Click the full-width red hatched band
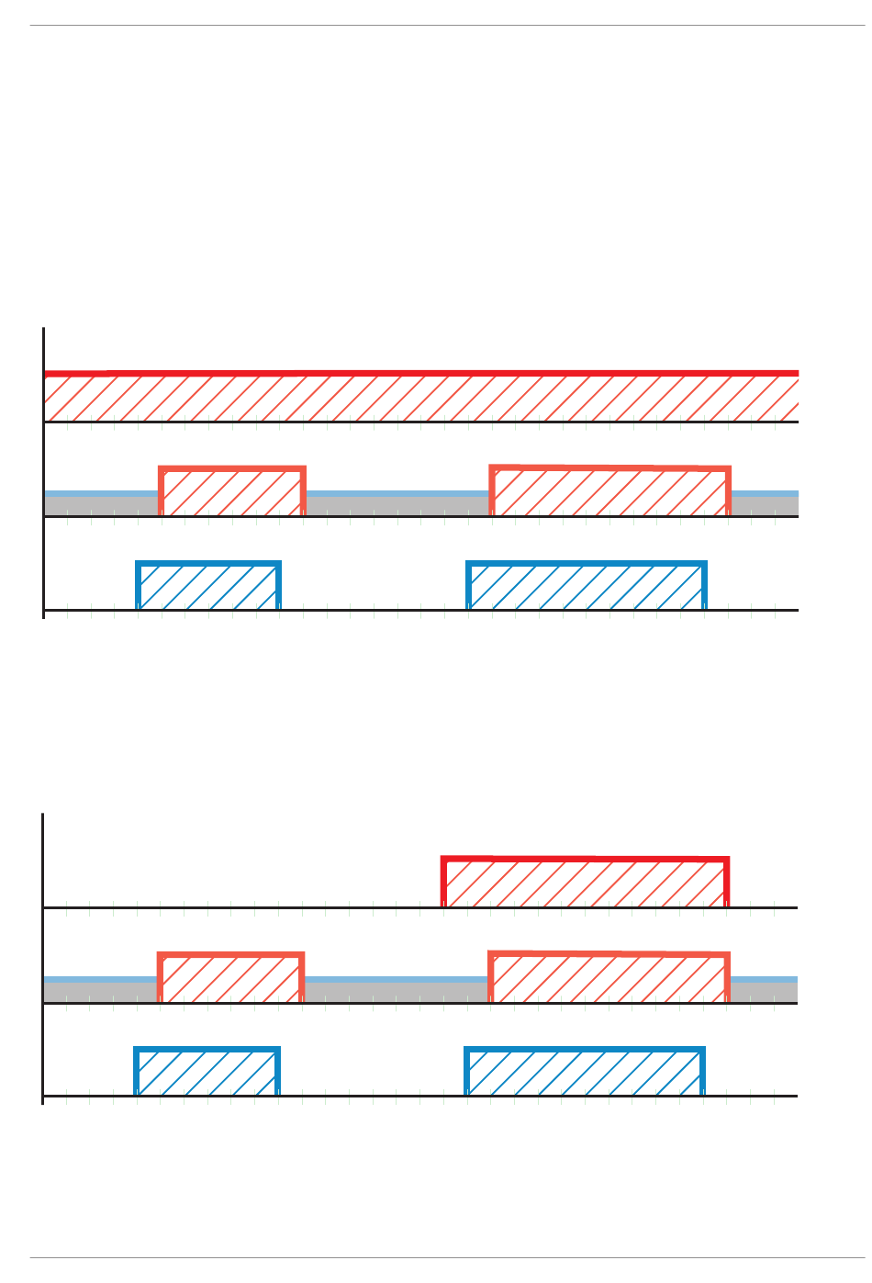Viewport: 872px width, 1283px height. (421, 398)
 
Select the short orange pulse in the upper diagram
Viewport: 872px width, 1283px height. (232, 492)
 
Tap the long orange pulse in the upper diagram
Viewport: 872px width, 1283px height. (609, 492)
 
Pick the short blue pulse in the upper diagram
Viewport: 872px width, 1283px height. (208, 587)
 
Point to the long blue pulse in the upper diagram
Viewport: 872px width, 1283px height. (587, 587)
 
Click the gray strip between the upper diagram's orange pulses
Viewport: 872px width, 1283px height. (397, 505)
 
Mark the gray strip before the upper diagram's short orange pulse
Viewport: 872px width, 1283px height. (101, 505)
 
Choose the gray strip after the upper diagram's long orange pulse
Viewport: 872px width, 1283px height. (765, 505)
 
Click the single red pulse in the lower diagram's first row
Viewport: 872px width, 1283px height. (586, 883)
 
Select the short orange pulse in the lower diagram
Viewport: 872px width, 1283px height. (230, 979)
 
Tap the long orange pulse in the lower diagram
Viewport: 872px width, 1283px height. (609, 979)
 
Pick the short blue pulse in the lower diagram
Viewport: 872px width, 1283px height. (207, 1073)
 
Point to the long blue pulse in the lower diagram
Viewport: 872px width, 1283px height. (585, 1073)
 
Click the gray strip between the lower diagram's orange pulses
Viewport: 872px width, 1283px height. (396, 992)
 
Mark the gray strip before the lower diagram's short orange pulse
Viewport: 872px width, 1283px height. (100, 992)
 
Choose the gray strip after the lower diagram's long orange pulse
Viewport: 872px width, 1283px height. (764, 992)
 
